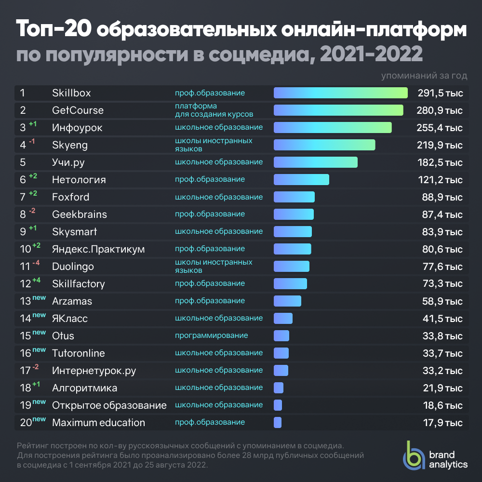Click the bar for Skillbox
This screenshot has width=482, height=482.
pos(340,93)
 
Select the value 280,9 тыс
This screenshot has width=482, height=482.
pos(439,110)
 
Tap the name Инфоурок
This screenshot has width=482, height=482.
pos(77,128)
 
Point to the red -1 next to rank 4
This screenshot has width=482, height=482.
pos(32,141)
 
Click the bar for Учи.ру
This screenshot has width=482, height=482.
pos(315,162)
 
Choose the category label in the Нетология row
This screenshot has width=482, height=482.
pos(210,179)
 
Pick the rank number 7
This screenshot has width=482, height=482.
pos(23,197)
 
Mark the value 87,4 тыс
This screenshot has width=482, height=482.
pos(439,214)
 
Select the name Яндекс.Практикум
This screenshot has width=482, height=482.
pos(98,249)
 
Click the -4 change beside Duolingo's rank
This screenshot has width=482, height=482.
pos(36,263)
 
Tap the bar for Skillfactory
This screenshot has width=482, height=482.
pos(290,284)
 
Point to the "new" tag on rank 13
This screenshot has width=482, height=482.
pos(39,298)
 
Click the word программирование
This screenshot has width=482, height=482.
pos(211,335)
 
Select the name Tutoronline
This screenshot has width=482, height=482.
pos(78,353)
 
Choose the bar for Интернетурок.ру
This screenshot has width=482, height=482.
pos(281,371)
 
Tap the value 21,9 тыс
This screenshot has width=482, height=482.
pos(439,388)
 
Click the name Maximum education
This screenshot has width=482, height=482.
pos(98,423)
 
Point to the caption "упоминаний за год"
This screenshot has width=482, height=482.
pos(424,76)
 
